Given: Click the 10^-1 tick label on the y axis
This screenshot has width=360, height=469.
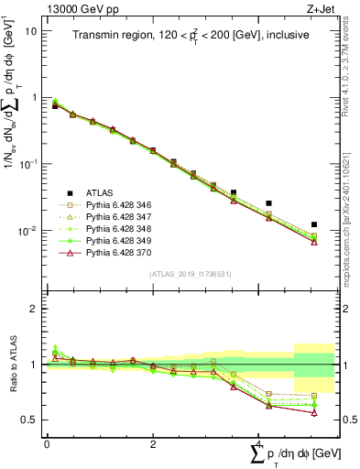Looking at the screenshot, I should [29, 164].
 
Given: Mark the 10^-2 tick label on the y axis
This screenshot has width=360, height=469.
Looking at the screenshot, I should [29, 231].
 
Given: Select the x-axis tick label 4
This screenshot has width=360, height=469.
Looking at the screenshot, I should [259, 445].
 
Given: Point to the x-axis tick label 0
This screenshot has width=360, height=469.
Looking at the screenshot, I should [46, 445].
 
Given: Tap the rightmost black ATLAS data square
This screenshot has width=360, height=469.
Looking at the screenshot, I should [314, 224].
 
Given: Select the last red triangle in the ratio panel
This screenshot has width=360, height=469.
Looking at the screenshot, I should [314, 413].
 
